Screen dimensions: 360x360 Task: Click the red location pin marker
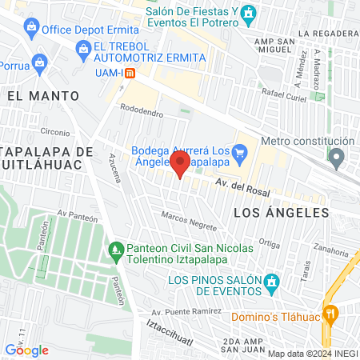tap(181, 166)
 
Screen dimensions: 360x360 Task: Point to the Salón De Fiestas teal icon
tap(250, 14)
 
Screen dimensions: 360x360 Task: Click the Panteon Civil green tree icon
tap(117, 251)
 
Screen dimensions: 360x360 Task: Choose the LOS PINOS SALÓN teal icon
tap(272, 282)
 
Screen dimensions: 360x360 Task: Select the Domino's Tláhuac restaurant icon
tap(328, 313)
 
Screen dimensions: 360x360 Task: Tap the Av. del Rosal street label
tap(242, 188)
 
